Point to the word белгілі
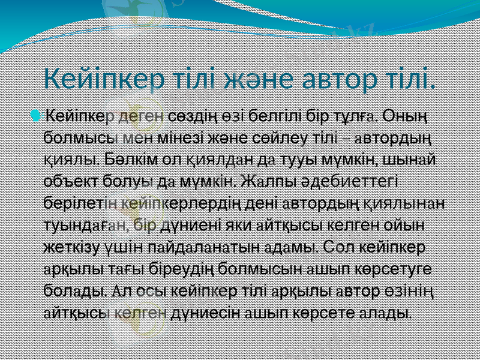tap(274, 114)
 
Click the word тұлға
tap(355, 114)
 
